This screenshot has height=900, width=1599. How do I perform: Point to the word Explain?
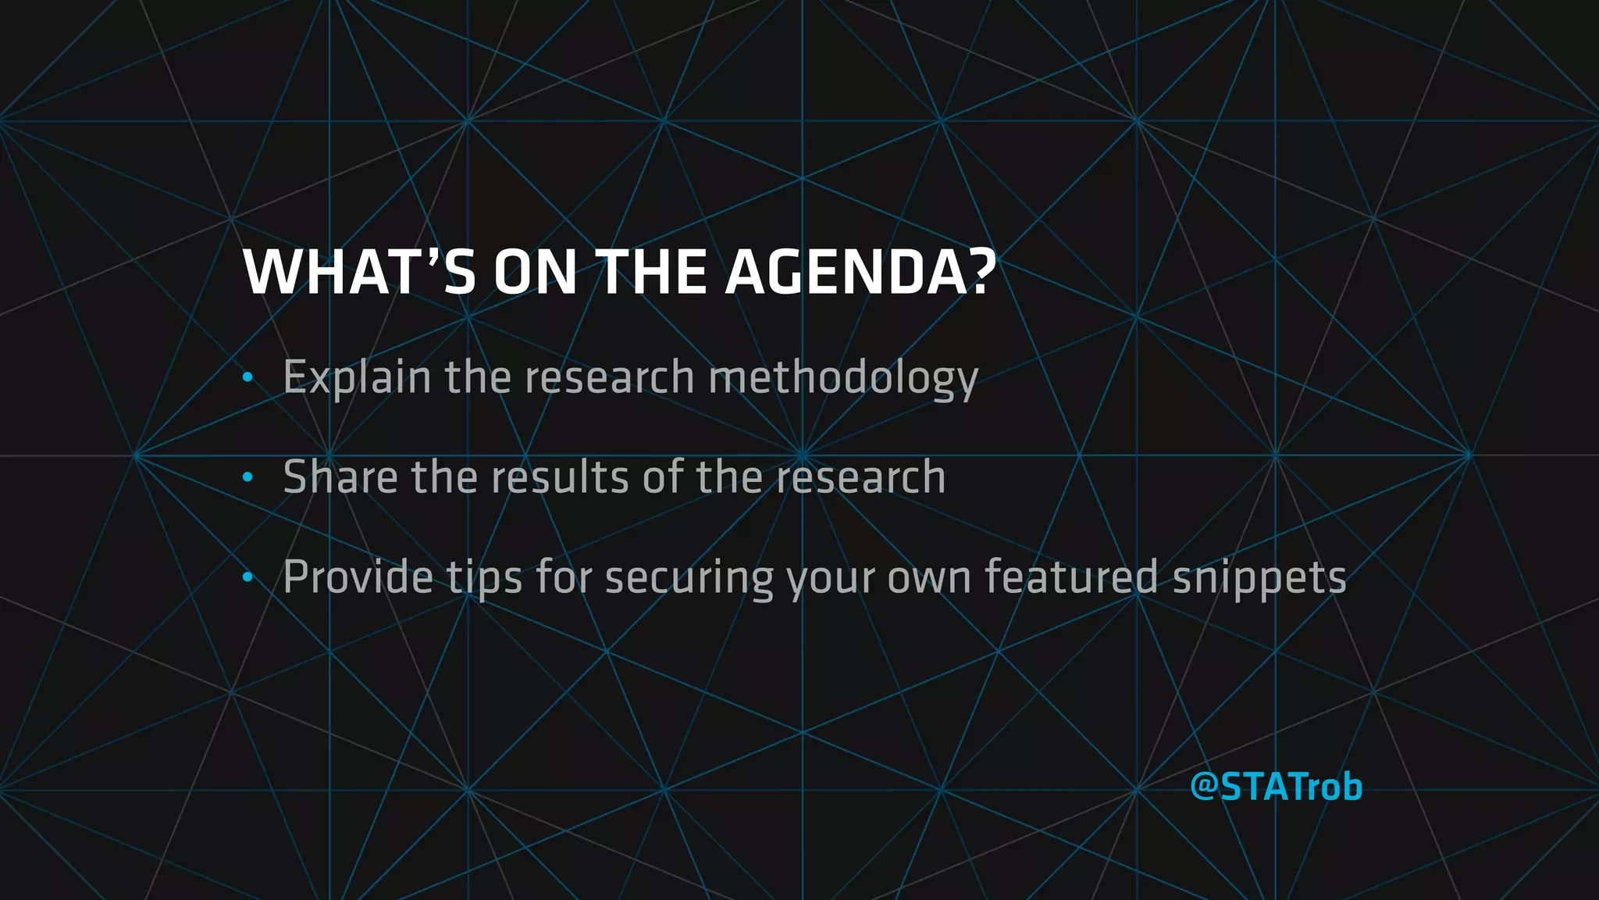point(357,378)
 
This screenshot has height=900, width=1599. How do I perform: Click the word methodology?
point(842,378)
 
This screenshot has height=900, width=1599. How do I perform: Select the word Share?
point(340,477)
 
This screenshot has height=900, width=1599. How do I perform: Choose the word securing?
point(689,578)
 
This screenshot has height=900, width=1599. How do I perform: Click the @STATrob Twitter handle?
point(1276,786)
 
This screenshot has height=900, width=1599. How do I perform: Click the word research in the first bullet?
point(609,378)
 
